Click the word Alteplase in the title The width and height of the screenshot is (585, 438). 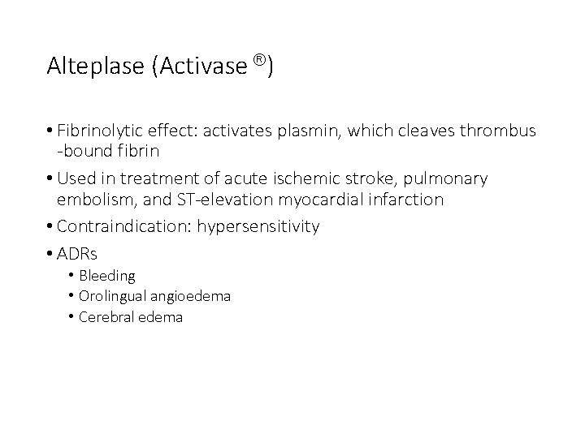click(x=95, y=66)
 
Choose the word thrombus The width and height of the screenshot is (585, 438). click(x=499, y=131)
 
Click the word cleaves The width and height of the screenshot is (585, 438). click(x=427, y=131)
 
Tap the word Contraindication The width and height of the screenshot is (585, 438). click(x=122, y=226)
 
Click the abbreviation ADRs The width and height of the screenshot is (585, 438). click(x=76, y=254)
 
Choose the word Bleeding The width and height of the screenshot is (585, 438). click(x=107, y=277)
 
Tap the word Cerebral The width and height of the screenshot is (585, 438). click(x=106, y=317)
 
